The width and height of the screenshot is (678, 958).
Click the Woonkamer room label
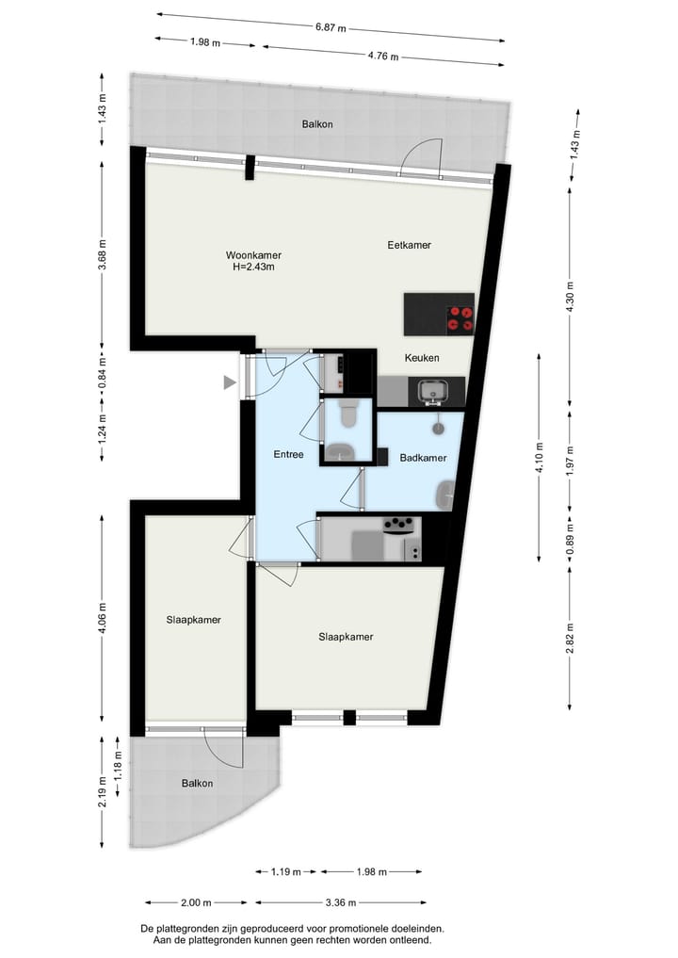click(x=253, y=255)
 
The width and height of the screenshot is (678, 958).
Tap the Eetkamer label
click(x=409, y=245)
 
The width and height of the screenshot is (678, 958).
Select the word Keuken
click(x=422, y=359)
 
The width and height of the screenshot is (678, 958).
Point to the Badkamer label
click(x=423, y=458)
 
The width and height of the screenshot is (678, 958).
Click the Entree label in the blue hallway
click(x=288, y=454)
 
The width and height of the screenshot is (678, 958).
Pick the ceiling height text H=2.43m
click(x=253, y=267)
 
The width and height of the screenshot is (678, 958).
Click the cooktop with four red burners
click(x=460, y=317)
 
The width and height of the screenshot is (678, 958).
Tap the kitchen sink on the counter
click(x=435, y=391)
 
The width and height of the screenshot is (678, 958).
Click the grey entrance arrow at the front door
click(x=229, y=382)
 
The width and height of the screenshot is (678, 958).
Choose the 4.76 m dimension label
click(x=381, y=56)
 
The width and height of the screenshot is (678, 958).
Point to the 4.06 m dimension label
click(x=103, y=620)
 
